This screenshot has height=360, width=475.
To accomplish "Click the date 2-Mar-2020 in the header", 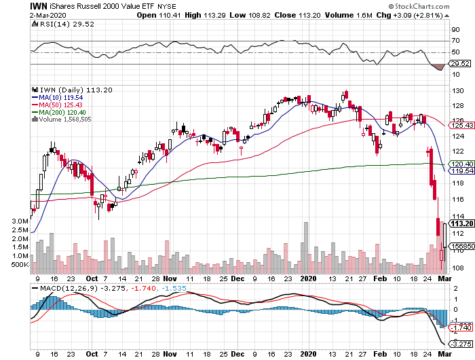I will click(20, 14).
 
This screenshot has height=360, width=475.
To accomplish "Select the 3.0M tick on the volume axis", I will click(20, 221).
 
